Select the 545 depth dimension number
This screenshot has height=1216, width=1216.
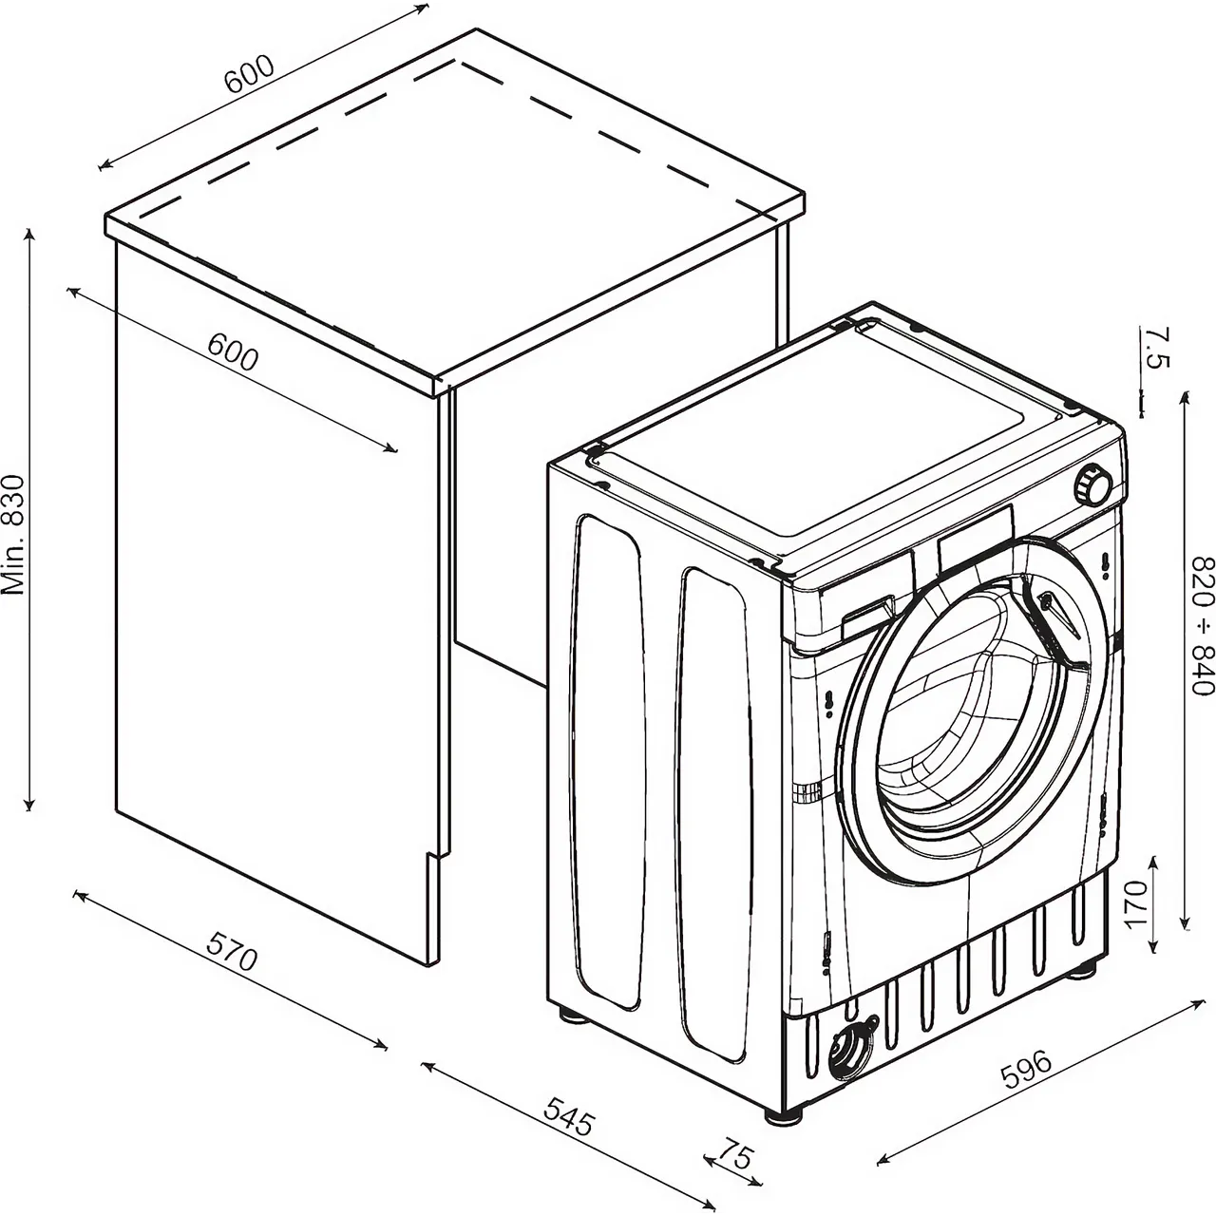(568, 1115)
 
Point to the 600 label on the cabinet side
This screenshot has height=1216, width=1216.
(233, 353)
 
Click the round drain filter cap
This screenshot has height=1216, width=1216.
(848, 1053)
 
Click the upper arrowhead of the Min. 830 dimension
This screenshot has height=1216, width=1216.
(29, 235)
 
